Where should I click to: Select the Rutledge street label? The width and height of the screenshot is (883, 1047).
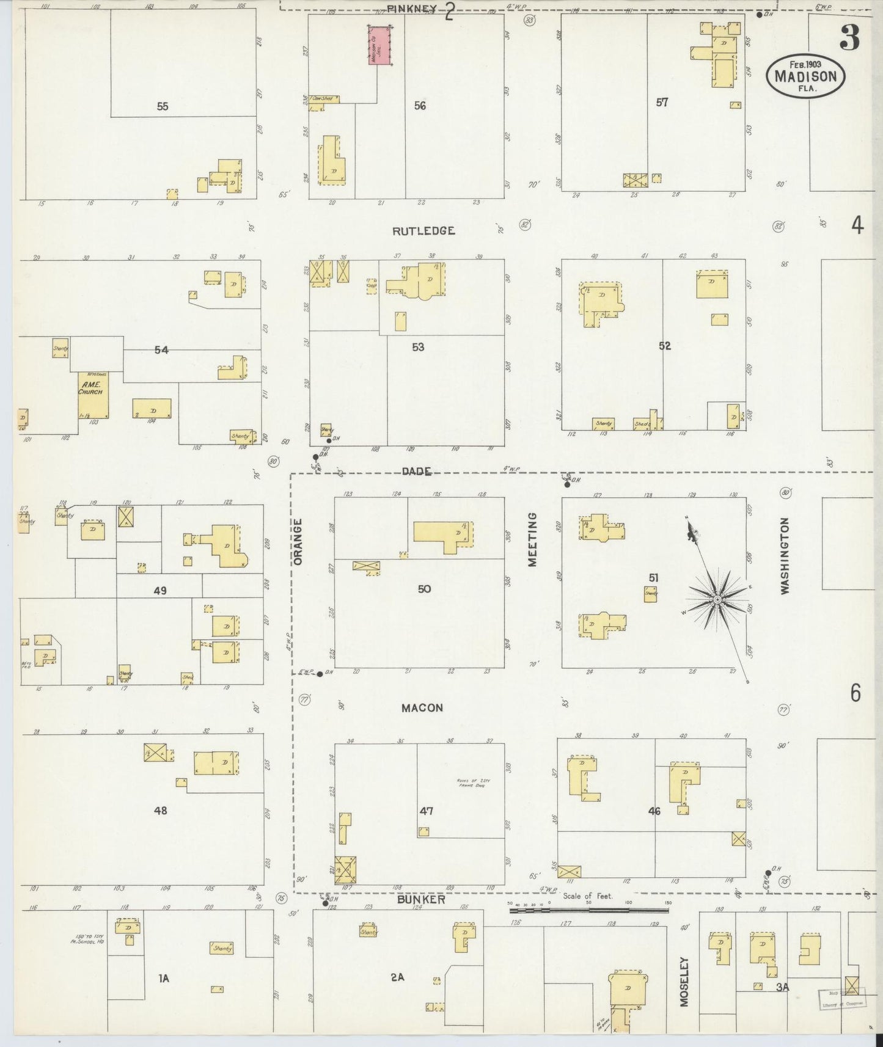pos(423,231)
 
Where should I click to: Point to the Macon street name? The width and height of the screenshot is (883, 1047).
pos(422,708)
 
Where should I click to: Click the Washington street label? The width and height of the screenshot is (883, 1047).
pos(785,556)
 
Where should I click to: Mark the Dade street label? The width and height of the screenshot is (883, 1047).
pos(417,471)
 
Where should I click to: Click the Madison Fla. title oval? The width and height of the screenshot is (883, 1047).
pos(806,75)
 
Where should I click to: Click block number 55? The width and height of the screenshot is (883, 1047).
pos(162,106)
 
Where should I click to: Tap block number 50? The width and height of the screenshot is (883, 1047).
pos(424,589)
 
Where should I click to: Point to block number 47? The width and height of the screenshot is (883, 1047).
pos(426,811)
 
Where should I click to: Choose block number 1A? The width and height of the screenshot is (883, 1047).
pos(163,979)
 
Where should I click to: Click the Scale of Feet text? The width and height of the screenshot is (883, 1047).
pos(587,896)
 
